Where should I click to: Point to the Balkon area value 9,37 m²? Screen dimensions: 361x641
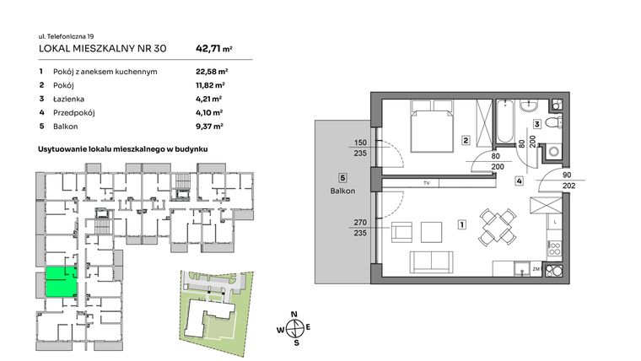coord(207,126)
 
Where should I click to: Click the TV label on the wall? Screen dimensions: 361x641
coord(427,182)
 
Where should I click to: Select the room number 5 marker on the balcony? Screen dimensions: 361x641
coord(342,178)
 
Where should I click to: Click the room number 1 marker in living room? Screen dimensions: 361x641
coord(461,225)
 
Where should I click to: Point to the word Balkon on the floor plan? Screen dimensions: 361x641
coord(342,191)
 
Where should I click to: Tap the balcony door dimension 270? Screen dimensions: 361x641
coord(360,224)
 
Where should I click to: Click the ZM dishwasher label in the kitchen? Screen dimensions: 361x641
coord(535,270)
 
